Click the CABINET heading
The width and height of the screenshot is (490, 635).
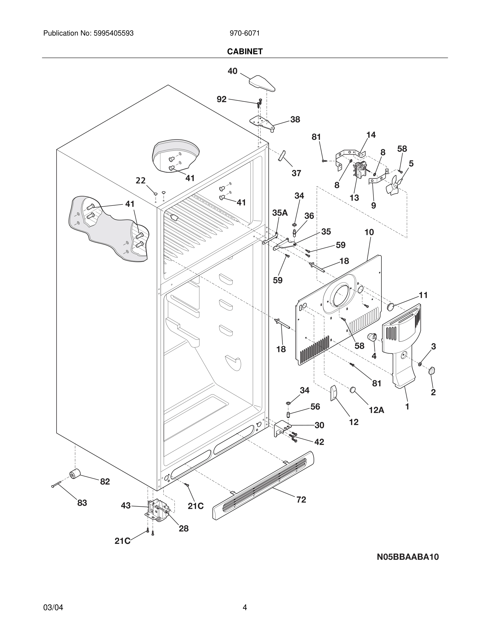coord(245,52)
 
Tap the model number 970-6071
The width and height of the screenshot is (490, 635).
coord(245,33)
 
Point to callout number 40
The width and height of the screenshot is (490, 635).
coord(232,71)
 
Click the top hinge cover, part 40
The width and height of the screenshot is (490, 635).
coord(262,83)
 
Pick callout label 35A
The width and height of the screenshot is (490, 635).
coord(280,213)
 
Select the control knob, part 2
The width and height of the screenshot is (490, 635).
coord(432,370)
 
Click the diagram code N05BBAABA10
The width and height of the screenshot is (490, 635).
coord(408,557)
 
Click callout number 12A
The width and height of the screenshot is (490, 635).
coord(377,410)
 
